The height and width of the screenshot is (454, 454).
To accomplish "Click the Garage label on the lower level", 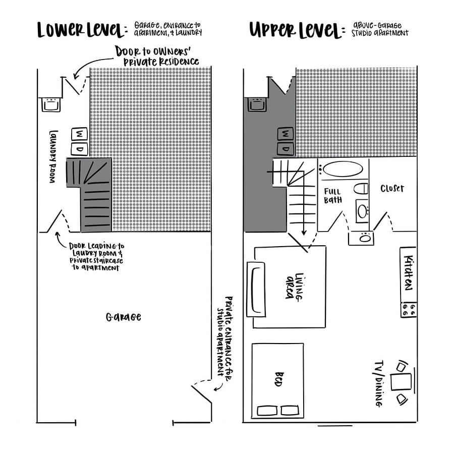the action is pos(124,317).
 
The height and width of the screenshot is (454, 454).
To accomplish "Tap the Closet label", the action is pos(392,189).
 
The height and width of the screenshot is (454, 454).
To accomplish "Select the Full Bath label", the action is pos(333,196).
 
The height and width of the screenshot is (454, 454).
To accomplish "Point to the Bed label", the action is pos(278,379).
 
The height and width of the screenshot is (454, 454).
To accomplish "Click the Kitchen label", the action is pos(408,272).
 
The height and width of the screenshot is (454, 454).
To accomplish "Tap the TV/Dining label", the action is pos(379,383).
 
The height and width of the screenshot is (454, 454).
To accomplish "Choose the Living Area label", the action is pos(294,286).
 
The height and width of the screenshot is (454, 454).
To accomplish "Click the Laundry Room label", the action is pos(53,157).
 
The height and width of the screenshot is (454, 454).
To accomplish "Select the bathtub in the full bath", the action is pos(343,169).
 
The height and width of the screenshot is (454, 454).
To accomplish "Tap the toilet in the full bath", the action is pos(361,189).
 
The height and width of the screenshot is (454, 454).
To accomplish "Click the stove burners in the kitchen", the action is pos(409,310).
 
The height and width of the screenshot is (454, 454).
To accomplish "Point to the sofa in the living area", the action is pos(256,290).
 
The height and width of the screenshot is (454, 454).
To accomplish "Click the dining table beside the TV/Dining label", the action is pos(401,382).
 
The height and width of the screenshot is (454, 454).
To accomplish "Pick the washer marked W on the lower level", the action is pos(79,134).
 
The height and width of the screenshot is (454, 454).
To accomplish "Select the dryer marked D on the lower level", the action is pos(79,149).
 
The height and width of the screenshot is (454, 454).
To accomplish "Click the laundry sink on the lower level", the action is pos(51,104).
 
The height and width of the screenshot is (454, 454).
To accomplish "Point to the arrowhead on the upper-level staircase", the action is pos(304,233).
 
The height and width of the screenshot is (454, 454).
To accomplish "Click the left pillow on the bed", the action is pos(267,410).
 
